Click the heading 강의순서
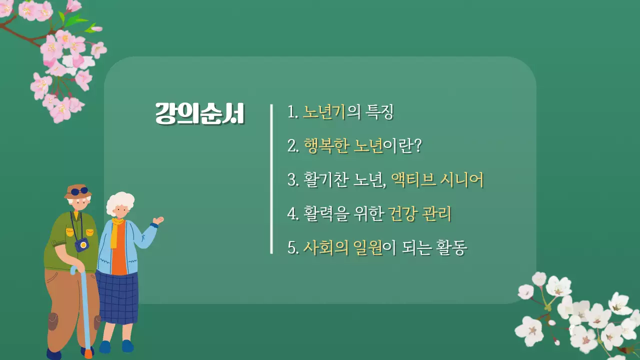tap(199, 114)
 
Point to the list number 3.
tap(292, 180)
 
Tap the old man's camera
tap(81, 244)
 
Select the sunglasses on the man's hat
tap(79, 191)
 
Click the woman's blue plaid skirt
tap(117, 298)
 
